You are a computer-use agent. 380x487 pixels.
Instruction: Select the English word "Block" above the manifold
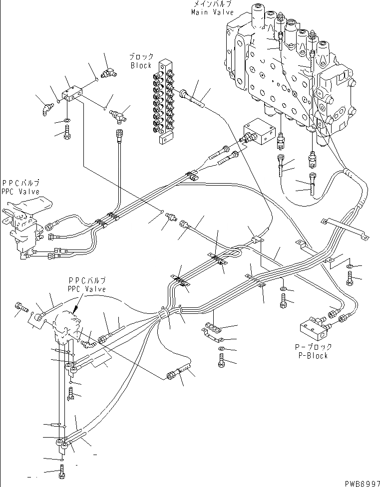click(x=141, y=65)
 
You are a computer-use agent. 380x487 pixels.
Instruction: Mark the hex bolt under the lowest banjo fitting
click(x=61, y=471)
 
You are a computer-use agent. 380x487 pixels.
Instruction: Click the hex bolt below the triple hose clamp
click(x=221, y=360)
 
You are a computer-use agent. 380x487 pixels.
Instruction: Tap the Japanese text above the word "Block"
click(x=142, y=57)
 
